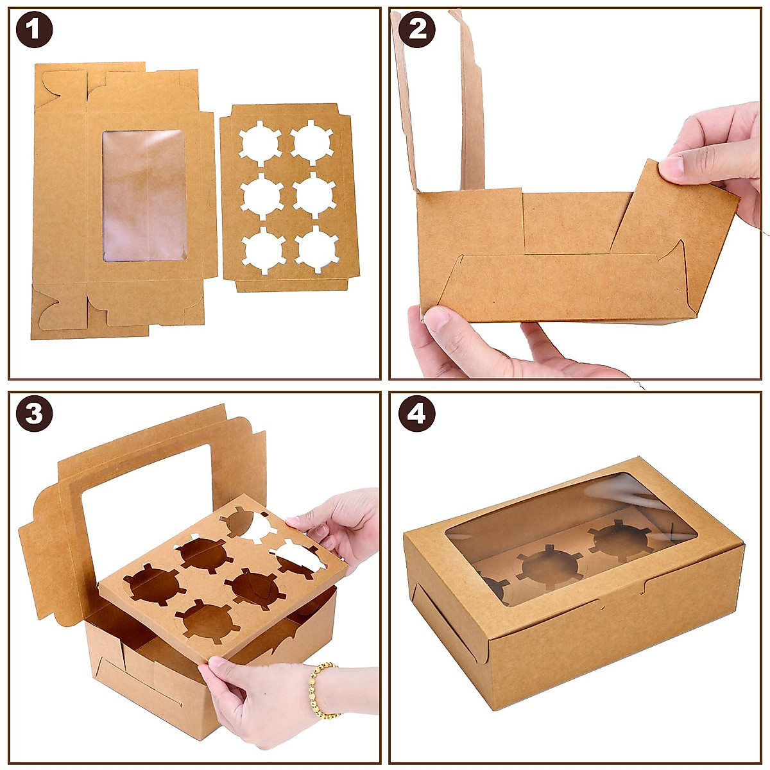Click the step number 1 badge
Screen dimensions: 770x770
34,30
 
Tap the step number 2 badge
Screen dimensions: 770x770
417,30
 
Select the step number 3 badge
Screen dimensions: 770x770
34,414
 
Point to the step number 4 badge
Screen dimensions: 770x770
417,414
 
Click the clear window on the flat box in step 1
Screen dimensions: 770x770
144,195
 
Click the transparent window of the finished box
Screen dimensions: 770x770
571,539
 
